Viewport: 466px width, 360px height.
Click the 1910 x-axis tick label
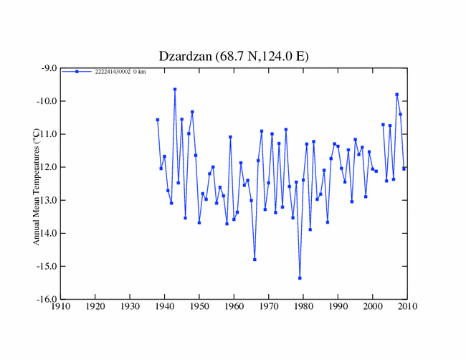[x=60, y=307]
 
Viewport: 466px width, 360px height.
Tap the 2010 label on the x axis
[x=407, y=307]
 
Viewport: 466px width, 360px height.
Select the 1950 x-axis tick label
[x=199, y=307]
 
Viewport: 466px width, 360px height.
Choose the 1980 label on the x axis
[x=303, y=307]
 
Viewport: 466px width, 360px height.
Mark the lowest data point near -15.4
[x=300, y=278]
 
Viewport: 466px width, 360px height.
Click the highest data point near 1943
[x=175, y=90]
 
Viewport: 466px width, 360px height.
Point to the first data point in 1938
[x=158, y=120]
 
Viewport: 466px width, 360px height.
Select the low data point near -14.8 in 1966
[x=255, y=259]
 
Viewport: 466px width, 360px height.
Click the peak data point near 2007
[x=397, y=95]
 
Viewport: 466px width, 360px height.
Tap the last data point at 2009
[x=404, y=169]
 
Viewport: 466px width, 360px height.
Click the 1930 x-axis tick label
[x=130, y=307]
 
